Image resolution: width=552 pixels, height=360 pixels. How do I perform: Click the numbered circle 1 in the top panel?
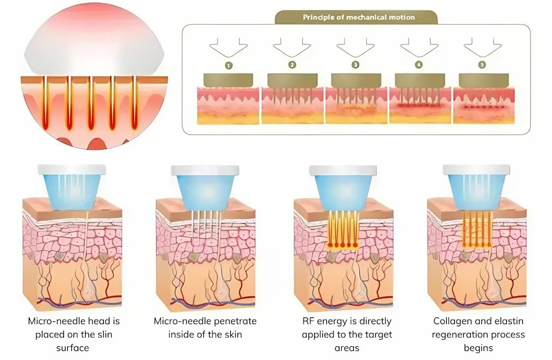229,65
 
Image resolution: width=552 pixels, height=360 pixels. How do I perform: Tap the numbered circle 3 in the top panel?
355,65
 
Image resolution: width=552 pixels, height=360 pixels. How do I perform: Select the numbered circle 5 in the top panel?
482,65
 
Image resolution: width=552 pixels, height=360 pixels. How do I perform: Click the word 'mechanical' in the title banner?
366,17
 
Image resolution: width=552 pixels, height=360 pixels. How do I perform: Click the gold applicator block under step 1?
228,80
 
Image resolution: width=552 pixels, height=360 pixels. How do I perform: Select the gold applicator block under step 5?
484,81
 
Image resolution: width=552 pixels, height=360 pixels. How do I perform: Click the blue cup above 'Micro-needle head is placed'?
72,191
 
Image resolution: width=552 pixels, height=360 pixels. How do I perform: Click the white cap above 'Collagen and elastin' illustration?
476,170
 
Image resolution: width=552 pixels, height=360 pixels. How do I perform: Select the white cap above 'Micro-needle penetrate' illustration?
205,171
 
